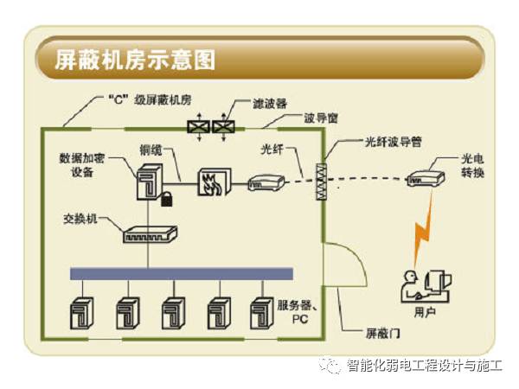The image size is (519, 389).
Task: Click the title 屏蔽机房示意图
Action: point(134,60)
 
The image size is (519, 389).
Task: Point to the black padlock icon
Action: point(164,201)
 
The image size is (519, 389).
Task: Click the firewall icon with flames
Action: point(211,180)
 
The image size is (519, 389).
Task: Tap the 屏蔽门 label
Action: point(381,331)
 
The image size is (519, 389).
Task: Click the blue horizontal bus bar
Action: point(181,273)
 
